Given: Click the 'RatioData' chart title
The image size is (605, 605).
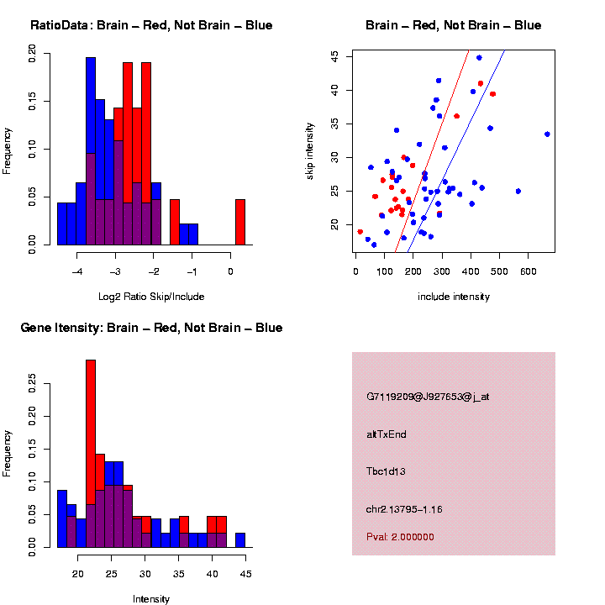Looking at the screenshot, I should click(x=151, y=25).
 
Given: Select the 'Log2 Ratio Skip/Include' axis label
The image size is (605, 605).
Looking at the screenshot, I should click(x=151, y=297).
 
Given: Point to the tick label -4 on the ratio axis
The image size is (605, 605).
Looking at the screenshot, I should click(x=76, y=271).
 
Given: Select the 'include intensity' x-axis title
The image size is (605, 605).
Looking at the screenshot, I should click(x=453, y=297).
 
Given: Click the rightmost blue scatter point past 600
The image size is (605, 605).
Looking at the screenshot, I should click(x=547, y=134).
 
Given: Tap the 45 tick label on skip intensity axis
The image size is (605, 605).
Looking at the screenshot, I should click(x=334, y=56).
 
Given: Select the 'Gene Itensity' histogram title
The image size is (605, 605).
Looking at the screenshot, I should click(x=151, y=328).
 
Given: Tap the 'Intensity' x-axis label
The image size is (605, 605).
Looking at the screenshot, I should click(x=151, y=599).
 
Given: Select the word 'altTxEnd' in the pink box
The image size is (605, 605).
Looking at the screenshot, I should click(x=387, y=434).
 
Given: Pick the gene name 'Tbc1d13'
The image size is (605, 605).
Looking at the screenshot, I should click(x=386, y=471).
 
